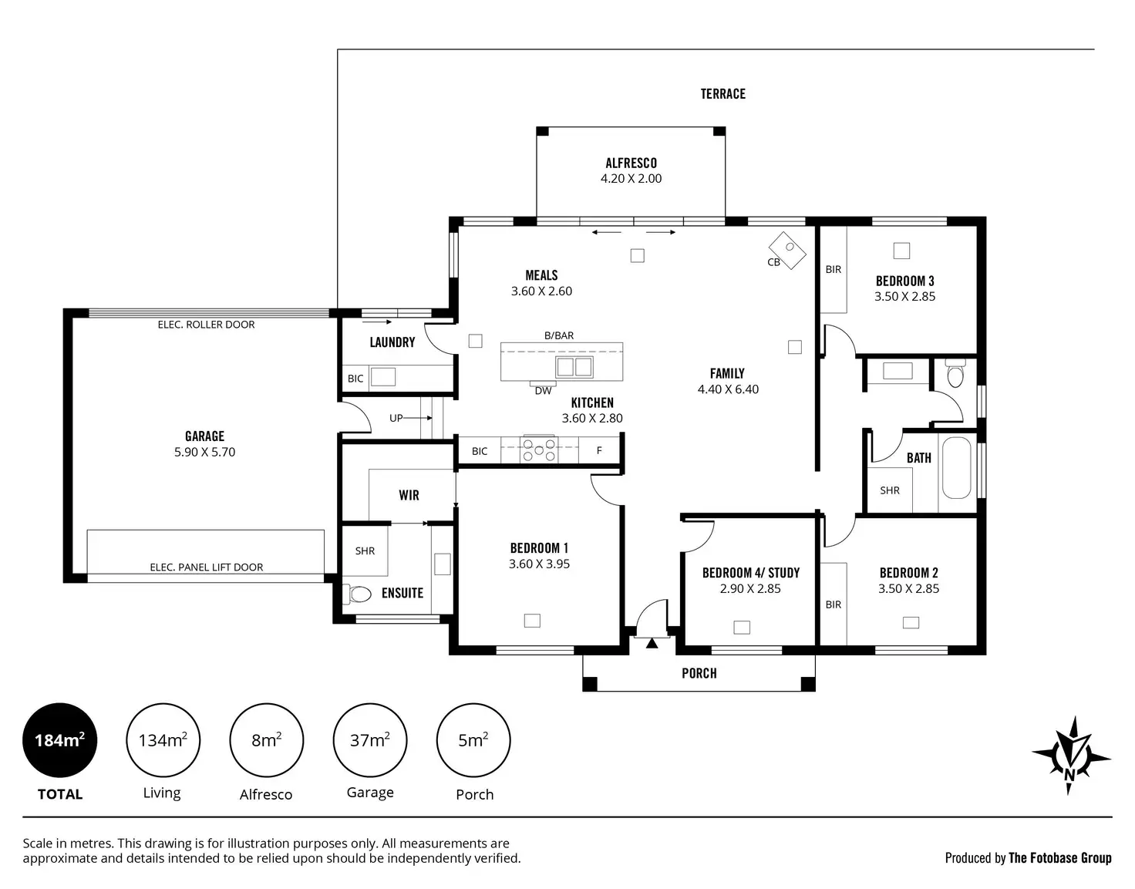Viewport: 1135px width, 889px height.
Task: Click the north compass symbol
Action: point(1071,756)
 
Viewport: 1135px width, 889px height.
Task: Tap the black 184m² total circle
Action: point(59,740)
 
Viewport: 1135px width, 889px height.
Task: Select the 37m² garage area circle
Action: point(370,740)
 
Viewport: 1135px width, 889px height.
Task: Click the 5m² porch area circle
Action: point(473,740)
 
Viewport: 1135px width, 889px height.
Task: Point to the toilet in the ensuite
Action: point(357,594)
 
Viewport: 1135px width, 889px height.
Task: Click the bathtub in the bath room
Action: point(957,468)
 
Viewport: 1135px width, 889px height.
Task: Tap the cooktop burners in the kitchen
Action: point(539,450)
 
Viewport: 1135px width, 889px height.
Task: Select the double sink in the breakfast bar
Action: point(574,367)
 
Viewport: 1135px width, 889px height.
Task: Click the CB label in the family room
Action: point(773,262)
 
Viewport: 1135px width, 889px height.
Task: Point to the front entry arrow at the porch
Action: point(652,643)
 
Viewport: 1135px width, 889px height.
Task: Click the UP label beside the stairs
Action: point(396,418)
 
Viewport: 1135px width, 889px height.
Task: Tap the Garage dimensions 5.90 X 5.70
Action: point(205,452)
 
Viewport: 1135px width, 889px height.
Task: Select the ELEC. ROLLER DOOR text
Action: point(207,325)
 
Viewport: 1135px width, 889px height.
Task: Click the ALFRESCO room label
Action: point(631,163)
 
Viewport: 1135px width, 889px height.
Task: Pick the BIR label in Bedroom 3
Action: point(833,270)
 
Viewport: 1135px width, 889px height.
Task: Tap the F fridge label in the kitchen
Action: point(599,450)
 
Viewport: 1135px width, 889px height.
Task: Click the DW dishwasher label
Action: point(544,391)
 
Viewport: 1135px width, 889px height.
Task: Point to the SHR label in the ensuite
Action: point(365,551)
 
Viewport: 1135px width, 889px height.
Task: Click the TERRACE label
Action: point(723,94)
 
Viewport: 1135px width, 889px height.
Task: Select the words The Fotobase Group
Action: point(1060,858)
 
